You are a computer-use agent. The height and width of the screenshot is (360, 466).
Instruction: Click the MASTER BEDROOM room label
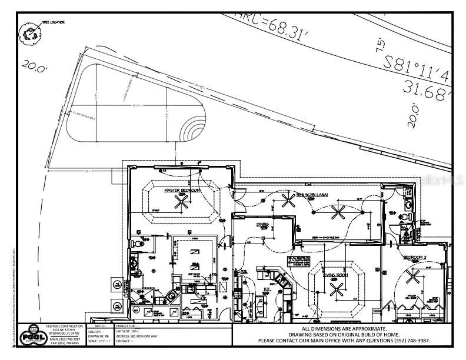(182, 191)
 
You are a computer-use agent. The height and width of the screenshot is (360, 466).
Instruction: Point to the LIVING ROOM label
(337, 275)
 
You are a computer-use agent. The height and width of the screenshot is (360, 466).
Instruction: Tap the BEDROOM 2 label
(415, 258)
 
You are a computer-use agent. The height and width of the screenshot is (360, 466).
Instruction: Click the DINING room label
(262, 225)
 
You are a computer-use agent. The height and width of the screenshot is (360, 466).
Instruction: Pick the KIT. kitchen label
(266, 289)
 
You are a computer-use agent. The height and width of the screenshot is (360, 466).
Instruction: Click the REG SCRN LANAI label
(311, 194)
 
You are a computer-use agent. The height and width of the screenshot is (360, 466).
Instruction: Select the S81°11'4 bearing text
(418, 68)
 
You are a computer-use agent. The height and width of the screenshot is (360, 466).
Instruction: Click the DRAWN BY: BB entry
(98, 335)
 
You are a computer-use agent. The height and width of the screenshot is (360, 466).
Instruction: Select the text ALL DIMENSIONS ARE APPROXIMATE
(344, 328)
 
